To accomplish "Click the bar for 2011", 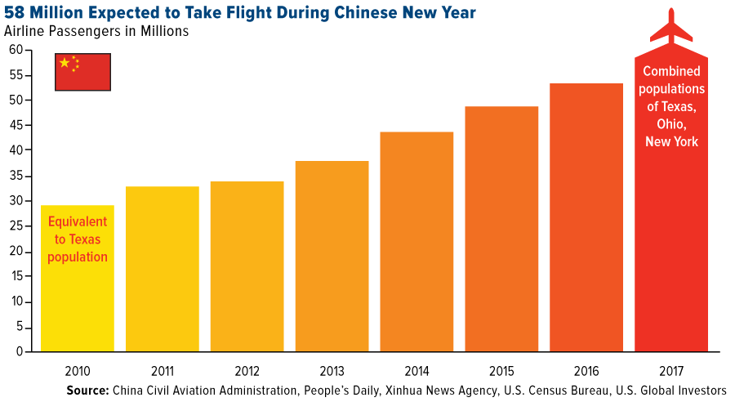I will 163,270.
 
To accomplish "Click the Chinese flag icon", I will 82,72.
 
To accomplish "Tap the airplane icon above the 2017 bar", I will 671,28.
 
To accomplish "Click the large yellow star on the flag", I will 65,63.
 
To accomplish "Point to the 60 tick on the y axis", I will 16,50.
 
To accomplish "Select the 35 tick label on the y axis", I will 16,176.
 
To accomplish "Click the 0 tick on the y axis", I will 19,352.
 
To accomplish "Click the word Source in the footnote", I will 87,390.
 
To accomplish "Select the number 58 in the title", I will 15,12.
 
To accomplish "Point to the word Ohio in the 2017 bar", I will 671,123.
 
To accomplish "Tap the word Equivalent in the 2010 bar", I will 78,221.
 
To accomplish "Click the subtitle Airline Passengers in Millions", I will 96,32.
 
